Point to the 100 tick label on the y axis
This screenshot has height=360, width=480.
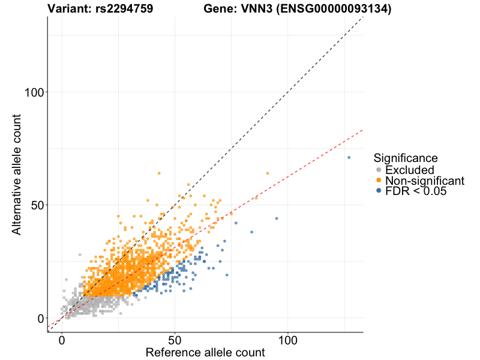pos(35,92)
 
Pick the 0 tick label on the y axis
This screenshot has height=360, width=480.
pos(41,318)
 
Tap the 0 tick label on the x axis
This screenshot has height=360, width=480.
pos(62,340)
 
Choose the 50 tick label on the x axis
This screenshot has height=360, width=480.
pos(175,340)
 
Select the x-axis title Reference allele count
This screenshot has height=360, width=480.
pos(205,352)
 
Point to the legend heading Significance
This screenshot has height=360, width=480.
pos(406,158)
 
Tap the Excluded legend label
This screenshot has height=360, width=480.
pos(410,170)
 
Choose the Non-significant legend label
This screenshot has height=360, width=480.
pos(425,181)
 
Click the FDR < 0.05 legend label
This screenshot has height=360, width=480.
pos(416,191)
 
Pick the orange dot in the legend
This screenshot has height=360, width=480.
pos(379,181)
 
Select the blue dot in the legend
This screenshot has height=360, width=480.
pos(379,191)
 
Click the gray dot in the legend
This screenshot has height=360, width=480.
pos(379,170)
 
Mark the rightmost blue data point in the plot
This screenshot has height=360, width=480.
pos(349,158)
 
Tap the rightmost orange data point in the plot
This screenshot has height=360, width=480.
pos(268,173)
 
